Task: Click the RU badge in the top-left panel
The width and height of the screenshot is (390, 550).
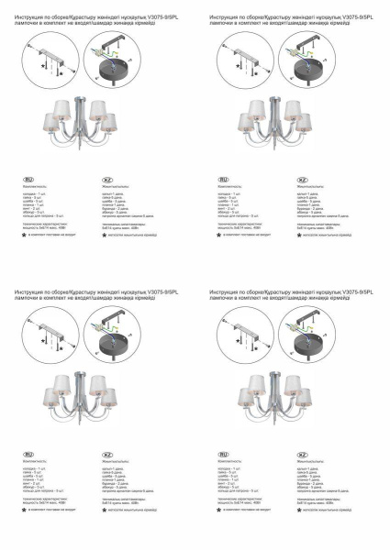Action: coord(28,178)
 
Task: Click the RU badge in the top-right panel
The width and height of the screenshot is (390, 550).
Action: coord(223,178)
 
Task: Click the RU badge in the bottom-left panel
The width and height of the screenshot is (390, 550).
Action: coord(28,453)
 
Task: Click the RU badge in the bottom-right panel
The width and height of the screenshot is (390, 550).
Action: coord(223,453)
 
